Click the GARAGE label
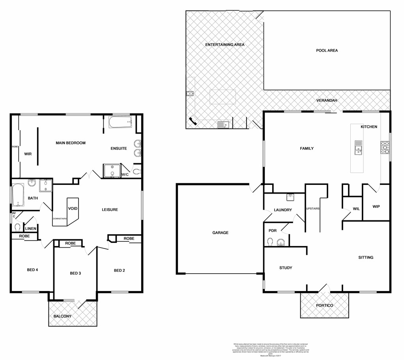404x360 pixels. [x=220, y=233]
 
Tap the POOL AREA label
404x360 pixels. [x=327, y=50]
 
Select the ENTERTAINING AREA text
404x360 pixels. [x=225, y=45]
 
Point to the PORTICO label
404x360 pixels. [x=324, y=306]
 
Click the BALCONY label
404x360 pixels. [x=62, y=316]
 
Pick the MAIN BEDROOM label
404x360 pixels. [x=70, y=143]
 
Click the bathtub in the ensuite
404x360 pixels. [x=120, y=123]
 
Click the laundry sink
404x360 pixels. [x=290, y=197]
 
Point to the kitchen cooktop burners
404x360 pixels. [x=384, y=147]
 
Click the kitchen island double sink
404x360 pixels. [x=358, y=147]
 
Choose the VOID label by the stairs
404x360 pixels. [x=73, y=208]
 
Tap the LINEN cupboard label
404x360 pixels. [x=31, y=229]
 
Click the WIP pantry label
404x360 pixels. [x=376, y=206]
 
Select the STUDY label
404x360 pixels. [x=286, y=268]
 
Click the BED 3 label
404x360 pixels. [x=76, y=273]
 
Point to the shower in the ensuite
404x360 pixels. [x=112, y=171]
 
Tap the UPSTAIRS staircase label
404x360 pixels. [x=312, y=208]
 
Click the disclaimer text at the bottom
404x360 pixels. [x=271, y=348]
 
